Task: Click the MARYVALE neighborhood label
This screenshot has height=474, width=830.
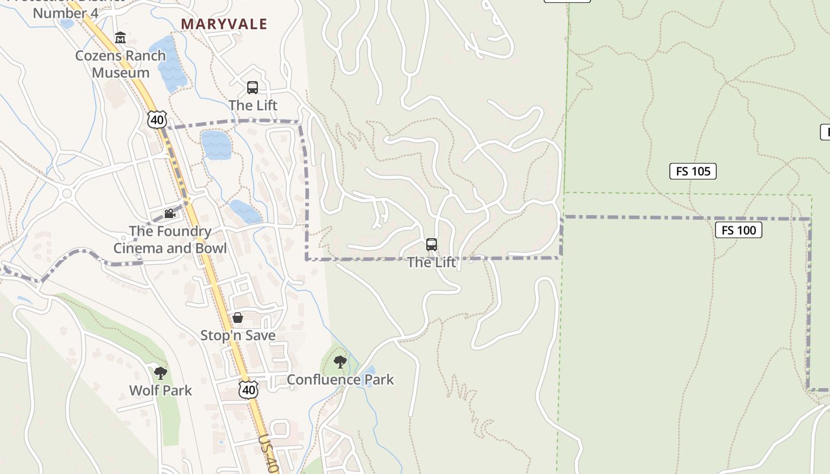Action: [224, 24]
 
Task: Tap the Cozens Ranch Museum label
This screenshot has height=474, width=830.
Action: [120, 64]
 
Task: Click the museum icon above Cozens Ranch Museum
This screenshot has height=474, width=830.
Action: [120, 38]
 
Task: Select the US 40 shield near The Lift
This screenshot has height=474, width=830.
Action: [157, 119]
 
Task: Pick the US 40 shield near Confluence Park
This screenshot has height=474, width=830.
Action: [249, 389]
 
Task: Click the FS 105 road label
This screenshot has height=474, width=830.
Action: [693, 171]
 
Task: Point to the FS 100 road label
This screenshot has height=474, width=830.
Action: [738, 230]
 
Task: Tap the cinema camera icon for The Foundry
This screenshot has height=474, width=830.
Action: [170, 213]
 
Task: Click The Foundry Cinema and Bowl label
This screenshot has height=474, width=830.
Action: [170, 239]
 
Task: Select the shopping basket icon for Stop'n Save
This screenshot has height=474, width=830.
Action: [238, 318]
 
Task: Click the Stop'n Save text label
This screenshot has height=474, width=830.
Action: [238, 335]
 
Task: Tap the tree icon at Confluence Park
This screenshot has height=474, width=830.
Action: [340, 361]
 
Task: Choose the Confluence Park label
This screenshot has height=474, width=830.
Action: [340, 379]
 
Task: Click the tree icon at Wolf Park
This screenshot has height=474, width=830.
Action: [160, 373]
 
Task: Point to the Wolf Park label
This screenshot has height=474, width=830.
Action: [161, 390]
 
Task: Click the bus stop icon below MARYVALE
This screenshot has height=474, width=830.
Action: [253, 88]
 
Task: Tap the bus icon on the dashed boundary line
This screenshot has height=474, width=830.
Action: [432, 245]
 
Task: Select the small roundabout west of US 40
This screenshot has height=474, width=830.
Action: [66, 193]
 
